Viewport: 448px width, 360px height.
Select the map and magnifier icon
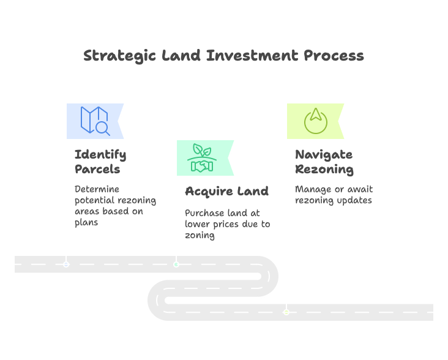(95, 121)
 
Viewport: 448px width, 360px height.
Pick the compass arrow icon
(316, 120)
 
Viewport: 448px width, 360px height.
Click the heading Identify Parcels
(100, 161)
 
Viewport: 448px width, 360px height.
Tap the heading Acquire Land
(226, 191)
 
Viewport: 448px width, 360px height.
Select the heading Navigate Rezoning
(324, 161)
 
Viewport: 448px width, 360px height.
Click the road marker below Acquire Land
(176, 264)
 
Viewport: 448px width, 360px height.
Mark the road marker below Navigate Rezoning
(286, 312)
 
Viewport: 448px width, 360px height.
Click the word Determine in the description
(97, 189)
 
